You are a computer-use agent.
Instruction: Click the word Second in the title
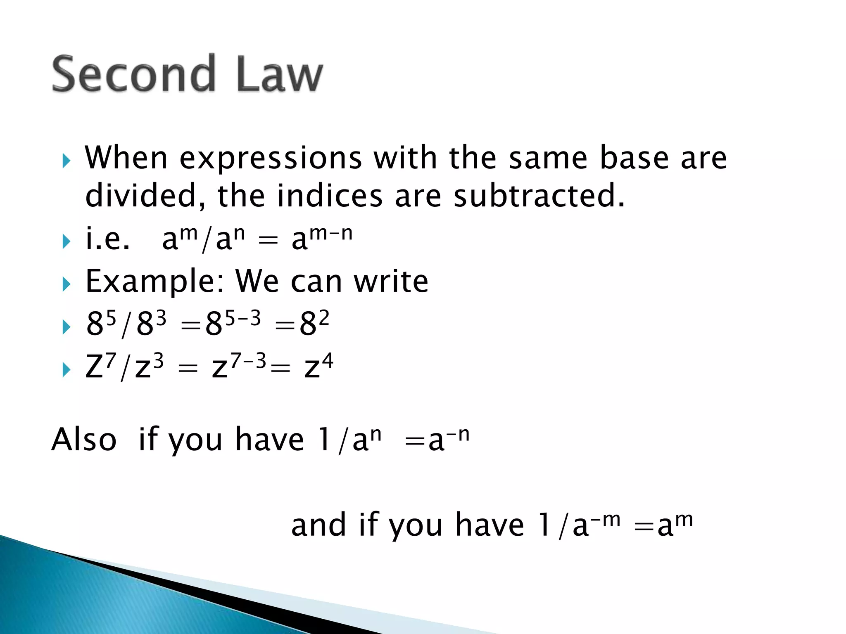click(x=133, y=74)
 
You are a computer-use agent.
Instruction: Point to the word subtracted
click(x=539, y=196)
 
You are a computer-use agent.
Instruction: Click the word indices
click(x=330, y=196)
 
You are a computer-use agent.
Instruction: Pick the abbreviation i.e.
click(x=107, y=239)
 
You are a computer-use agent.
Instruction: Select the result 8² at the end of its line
click(x=314, y=323)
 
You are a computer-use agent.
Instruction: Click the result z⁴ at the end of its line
click(x=318, y=366)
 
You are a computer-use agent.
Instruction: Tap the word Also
click(x=84, y=440)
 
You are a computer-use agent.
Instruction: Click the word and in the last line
click(x=318, y=525)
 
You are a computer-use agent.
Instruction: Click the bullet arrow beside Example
click(x=67, y=284)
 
